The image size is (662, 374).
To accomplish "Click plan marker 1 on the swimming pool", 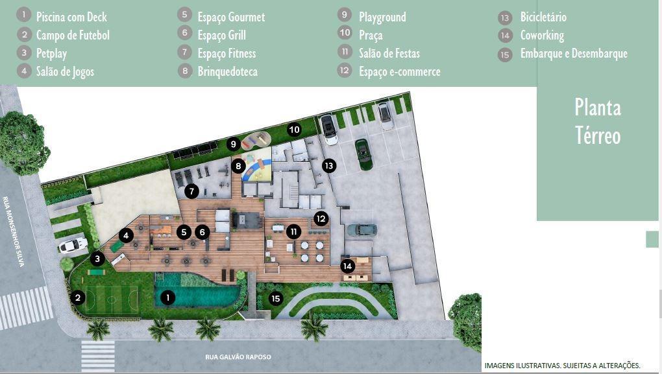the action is click(x=167, y=298).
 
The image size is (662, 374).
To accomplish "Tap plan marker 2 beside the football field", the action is click(x=78, y=298).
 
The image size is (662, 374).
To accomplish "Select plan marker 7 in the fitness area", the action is click(x=191, y=192).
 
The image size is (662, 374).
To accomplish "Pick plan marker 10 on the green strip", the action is click(x=294, y=130).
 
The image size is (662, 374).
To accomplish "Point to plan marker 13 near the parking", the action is click(x=329, y=166).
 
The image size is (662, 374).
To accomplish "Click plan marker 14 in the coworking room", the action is click(x=347, y=266).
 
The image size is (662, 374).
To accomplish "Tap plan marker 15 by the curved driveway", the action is click(x=276, y=299).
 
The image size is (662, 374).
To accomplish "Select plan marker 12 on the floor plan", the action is click(x=321, y=218).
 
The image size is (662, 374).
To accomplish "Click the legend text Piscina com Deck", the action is click(x=71, y=18).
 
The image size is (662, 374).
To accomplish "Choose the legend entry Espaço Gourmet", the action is click(x=231, y=18).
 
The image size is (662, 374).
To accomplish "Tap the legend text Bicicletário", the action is click(x=543, y=18).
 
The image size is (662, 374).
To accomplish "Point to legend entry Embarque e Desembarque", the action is click(x=574, y=54).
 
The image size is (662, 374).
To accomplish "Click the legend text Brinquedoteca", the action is click(x=228, y=72).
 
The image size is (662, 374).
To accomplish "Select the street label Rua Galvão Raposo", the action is click(x=238, y=356).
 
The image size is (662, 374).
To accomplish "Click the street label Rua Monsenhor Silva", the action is click(x=14, y=231).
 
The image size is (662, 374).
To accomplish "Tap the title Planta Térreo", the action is click(x=598, y=121).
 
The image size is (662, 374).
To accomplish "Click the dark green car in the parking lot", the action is click(x=363, y=154).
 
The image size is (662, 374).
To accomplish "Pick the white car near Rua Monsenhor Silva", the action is click(x=73, y=245).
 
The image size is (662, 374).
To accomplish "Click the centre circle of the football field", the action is click(x=112, y=300).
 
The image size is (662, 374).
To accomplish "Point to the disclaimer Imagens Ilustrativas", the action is click(x=562, y=366).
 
